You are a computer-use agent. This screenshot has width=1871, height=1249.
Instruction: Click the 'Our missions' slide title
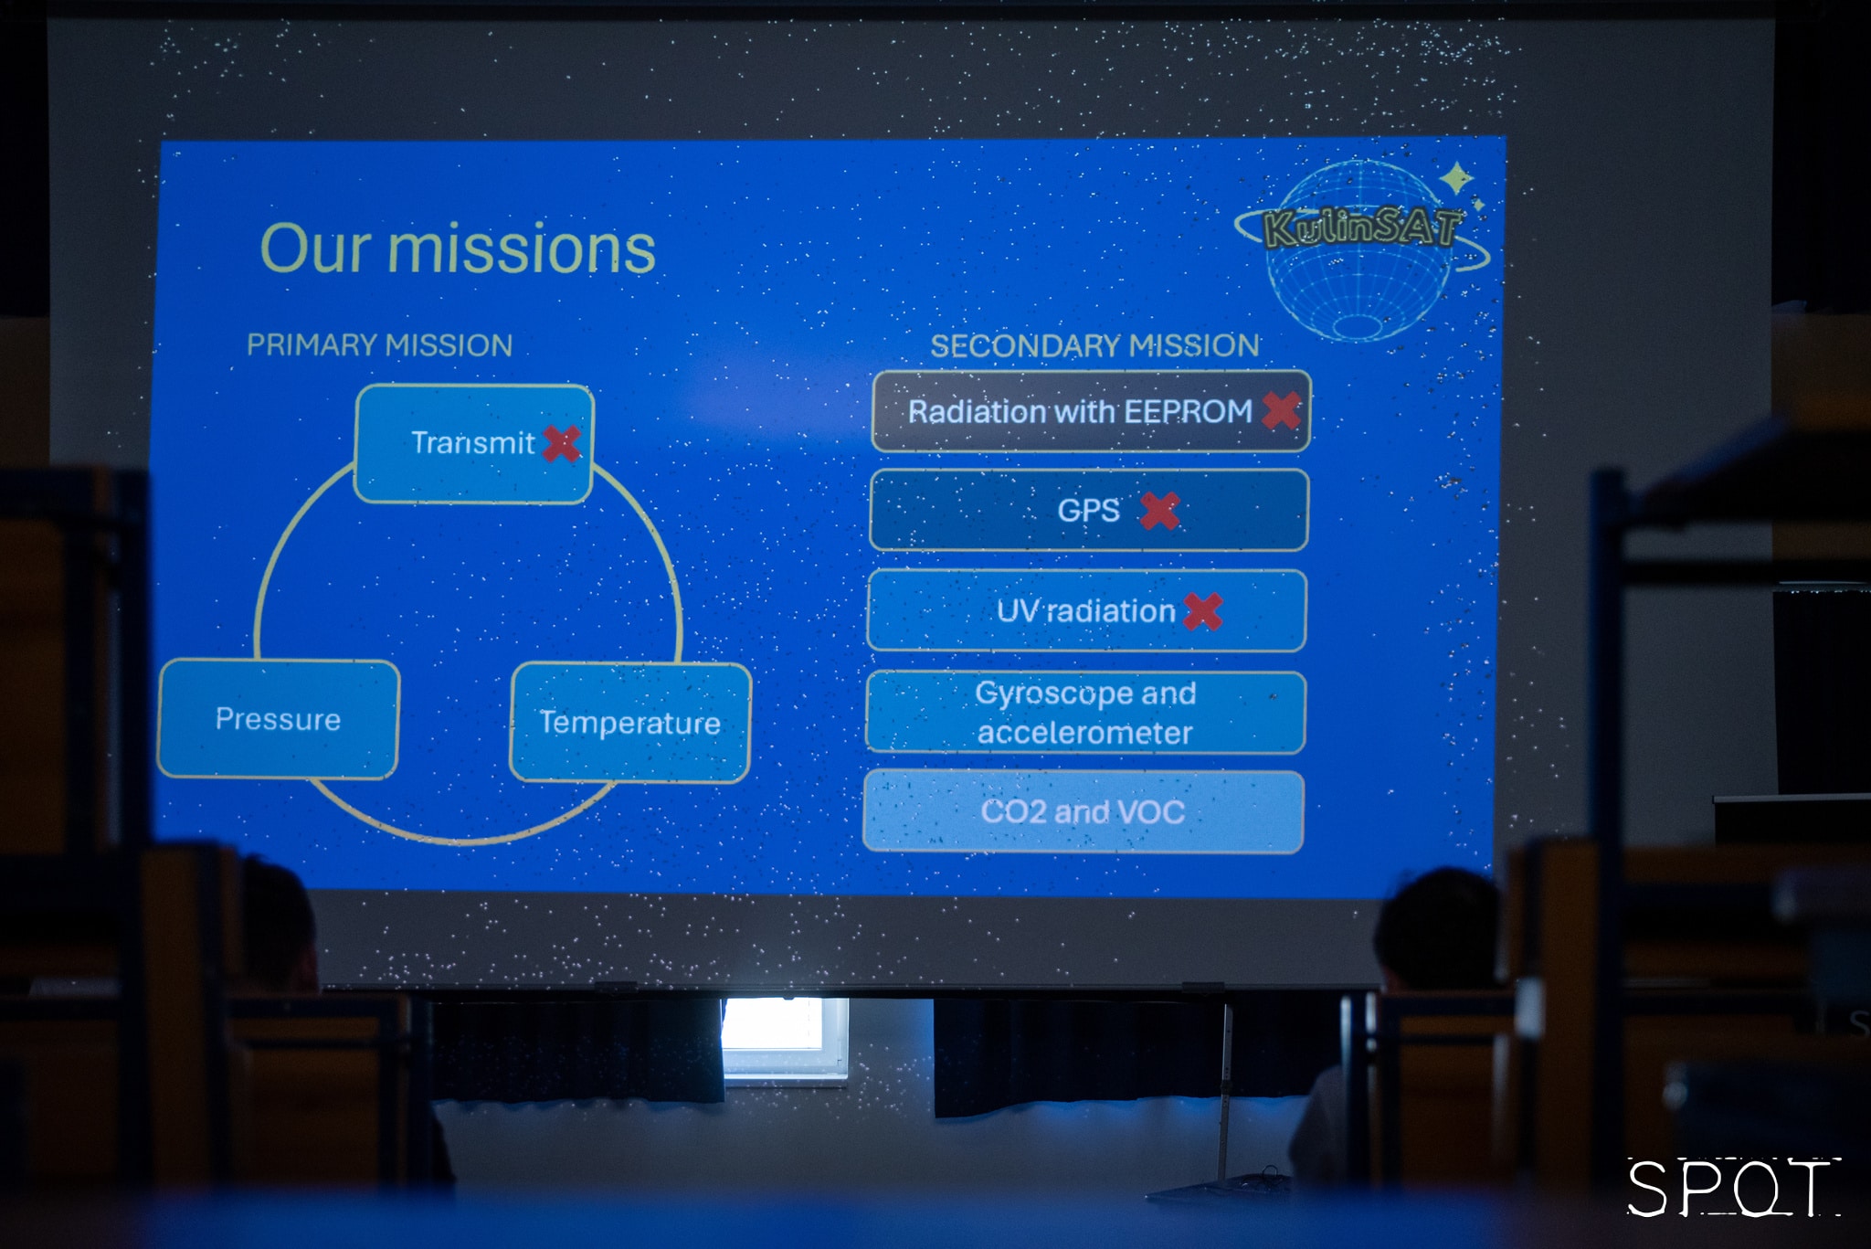tap(458, 249)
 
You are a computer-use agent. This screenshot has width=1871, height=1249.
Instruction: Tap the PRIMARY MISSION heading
tap(379, 345)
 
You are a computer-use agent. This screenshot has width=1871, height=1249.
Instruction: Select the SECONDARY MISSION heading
tap(1094, 345)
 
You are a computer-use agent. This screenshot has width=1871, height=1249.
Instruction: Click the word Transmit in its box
tap(472, 443)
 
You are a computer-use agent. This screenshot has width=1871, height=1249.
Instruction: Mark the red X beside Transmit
tap(562, 444)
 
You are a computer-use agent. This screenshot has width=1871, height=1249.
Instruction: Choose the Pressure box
tap(279, 719)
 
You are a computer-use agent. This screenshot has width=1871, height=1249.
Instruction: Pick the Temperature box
tap(630, 723)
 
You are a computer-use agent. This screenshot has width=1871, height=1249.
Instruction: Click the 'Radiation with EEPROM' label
tap(1080, 412)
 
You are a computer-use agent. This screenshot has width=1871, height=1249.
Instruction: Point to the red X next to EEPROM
tap(1282, 410)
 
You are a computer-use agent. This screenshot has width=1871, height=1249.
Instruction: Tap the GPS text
tap(1088, 510)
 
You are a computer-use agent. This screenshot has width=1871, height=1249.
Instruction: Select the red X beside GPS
tap(1160, 511)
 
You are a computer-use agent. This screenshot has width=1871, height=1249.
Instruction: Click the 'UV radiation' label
tap(1085, 610)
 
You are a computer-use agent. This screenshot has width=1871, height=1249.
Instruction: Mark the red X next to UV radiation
tap(1203, 611)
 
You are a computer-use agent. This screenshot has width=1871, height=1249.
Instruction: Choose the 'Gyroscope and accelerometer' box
tap(1085, 713)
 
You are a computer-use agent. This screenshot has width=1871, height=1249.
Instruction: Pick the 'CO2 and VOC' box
tap(1083, 811)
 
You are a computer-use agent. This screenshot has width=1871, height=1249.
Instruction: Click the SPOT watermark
tap(1733, 1188)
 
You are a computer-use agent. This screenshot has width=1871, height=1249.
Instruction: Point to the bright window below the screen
tap(786, 1039)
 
